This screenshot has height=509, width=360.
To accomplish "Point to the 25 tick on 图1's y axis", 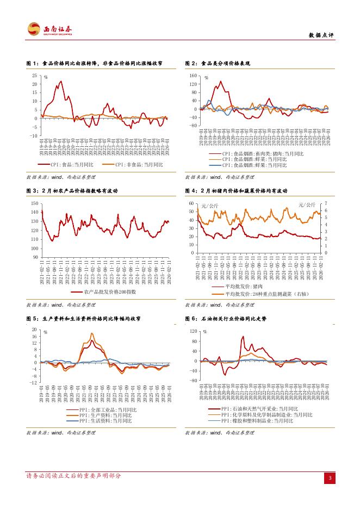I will point(34,76).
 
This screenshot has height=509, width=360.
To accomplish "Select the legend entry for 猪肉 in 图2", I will point(256,154).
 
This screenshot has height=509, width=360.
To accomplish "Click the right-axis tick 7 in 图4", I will point(326,203).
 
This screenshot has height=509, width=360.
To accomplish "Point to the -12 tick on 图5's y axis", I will point(33,383).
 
